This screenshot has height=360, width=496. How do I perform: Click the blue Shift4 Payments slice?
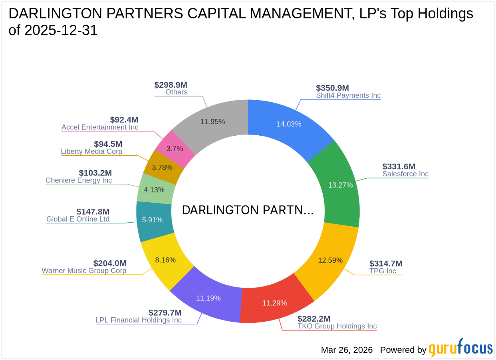(x=288, y=124)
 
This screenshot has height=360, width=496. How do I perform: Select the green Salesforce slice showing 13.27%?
(x=340, y=185)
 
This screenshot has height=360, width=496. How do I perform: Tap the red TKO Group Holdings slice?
(x=274, y=303)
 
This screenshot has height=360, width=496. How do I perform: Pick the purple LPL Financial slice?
(x=208, y=298)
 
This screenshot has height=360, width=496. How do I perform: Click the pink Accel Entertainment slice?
(x=175, y=148)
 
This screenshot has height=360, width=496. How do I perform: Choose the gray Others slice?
(x=212, y=121)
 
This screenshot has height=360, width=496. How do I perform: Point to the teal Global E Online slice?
(x=153, y=220)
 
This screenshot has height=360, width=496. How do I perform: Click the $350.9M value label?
(x=332, y=88)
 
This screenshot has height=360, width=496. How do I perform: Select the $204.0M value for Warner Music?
(x=110, y=263)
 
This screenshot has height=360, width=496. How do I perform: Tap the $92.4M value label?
(x=124, y=120)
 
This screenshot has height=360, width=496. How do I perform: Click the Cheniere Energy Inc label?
(x=79, y=180)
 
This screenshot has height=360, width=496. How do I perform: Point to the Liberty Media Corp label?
(x=91, y=152)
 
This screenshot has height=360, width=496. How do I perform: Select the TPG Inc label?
(x=383, y=271)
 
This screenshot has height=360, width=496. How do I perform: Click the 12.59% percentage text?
(x=330, y=260)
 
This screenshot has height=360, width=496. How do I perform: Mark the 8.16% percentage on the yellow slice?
(x=165, y=260)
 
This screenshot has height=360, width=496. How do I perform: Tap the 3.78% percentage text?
(x=163, y=167)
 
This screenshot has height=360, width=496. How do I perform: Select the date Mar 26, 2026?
(x=347, y=350)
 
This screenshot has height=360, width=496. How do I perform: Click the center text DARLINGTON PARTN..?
(x=248, y=210)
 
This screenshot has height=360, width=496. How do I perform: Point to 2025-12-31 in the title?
(x=61, y=31)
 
